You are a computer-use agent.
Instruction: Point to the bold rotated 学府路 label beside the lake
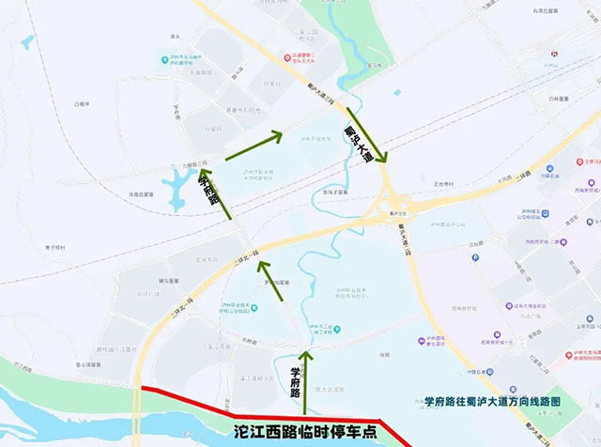point(208,187)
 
